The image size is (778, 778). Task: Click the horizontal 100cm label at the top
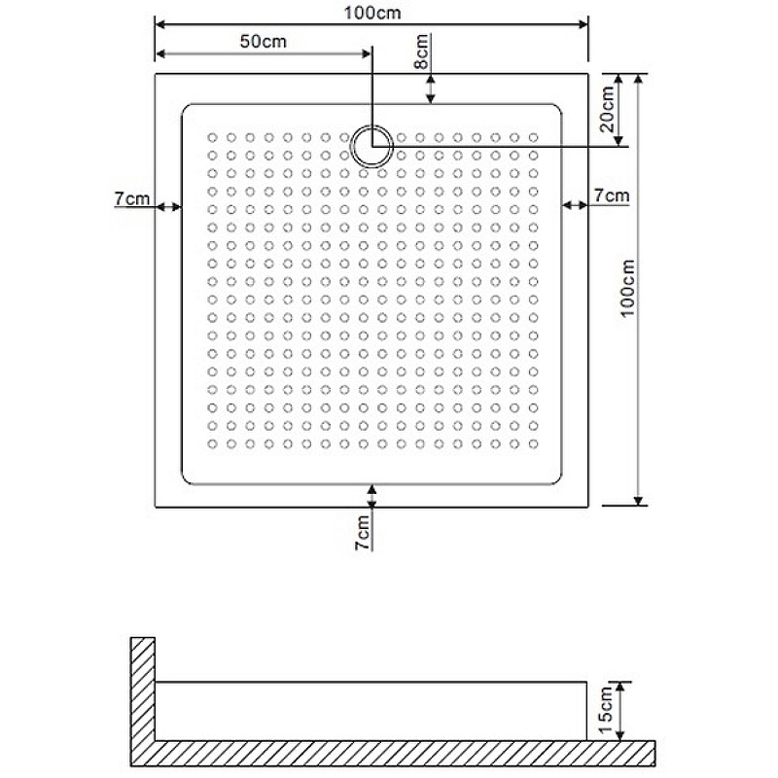(372, 13)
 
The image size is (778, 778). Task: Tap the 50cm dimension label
(264, 41)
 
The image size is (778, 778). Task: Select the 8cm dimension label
(421, 52)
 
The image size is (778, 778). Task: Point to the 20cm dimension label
(607, 109)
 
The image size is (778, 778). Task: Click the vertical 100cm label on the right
(627, 288)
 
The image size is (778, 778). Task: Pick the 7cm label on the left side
(132, 198)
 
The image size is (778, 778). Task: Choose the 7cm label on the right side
(612, 195)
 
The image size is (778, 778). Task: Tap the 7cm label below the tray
(363, 532)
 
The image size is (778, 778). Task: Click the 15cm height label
(606, 710)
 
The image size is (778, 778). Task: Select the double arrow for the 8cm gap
(431, 89)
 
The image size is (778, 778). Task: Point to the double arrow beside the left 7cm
(168, 207)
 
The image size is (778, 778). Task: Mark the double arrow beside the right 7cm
(575, 204)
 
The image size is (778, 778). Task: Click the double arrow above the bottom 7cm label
(371, 496)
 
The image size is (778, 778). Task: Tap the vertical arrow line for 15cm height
(619, 711)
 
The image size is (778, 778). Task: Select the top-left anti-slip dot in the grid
(212, 137)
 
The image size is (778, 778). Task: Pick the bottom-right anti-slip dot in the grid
(533, 444)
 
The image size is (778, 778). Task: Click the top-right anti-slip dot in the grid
(533, 137)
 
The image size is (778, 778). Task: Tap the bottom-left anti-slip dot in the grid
(212, 444)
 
